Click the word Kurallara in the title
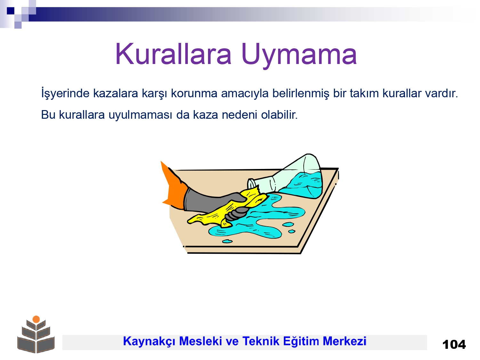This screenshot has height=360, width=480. tap(173, 54)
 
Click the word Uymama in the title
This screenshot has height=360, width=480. tap(299, 55)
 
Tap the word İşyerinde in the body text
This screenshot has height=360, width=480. tap(65, 93)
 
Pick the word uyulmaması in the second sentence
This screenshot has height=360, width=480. tap(140, 115)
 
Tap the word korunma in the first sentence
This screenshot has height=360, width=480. tap(194, 93)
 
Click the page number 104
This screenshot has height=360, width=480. tap(454, 345)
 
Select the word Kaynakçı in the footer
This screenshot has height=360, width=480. tap(149, 341)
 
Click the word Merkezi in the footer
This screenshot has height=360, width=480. tap(344, 341)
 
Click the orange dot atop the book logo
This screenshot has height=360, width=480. tap(36, 319)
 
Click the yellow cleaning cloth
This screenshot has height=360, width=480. tap(228, 210)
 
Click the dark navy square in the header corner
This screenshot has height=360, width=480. tap(11, 11)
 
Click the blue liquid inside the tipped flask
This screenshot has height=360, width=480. tap(304, 185)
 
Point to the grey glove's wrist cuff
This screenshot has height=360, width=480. tap(188, 199)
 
